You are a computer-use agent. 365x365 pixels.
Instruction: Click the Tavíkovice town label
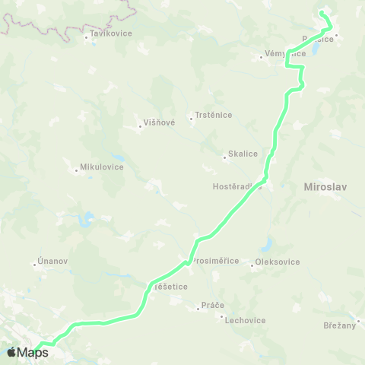(x=111, y=33)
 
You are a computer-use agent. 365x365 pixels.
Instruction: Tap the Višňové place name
(x=160, y=122)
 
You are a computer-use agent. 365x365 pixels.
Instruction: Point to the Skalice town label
(x=243, y=154)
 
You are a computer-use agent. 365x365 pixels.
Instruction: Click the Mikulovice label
(x=101, y=167)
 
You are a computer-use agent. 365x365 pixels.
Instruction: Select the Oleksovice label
(x=278, y=262)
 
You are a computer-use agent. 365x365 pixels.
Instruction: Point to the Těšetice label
(x=171, y=287)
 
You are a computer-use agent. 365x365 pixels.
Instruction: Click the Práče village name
(x=212, y=306)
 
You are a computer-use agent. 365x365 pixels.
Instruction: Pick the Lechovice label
(x=245, y=320)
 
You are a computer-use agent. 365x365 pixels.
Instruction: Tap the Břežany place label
(x=338, y=325)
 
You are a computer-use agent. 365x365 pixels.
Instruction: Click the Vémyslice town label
(x=285, y=53)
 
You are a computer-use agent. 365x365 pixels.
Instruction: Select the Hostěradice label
(x=236, y=186)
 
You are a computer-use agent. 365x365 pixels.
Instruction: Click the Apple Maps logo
(x=27, y=352)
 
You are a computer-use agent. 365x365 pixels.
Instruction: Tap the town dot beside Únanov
(x=35, y=265)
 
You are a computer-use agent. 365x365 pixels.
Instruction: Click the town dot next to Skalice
(x=224, y=158)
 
